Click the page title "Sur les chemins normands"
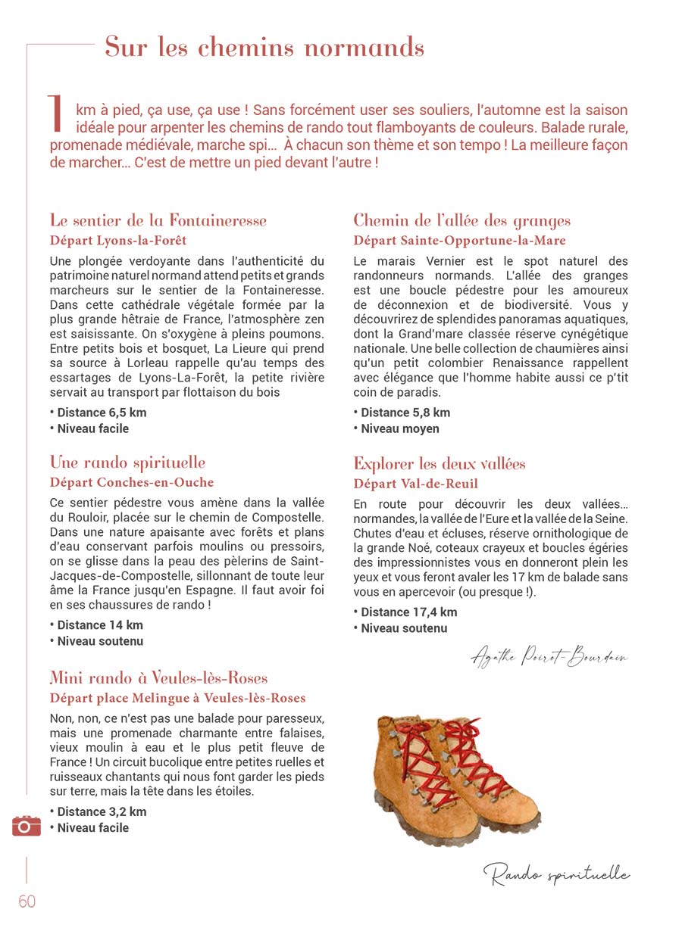click(264, 47)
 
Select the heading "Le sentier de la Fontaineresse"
click(158, 221)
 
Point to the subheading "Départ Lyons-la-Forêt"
click(118, 241)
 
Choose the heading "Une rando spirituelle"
click(127, 462)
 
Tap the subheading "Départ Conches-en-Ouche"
click(132, 483)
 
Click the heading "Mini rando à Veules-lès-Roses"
click(158, 677)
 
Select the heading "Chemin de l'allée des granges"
click(461, 221)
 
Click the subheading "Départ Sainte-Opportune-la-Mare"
click(459, 241)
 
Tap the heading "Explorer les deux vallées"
click(439, 464)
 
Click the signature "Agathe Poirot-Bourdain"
click(549, 657)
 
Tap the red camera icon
click(27, 826)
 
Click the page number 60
click(27, 902)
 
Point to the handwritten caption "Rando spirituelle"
click(556, 875)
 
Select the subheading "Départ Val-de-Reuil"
click(415, 484)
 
